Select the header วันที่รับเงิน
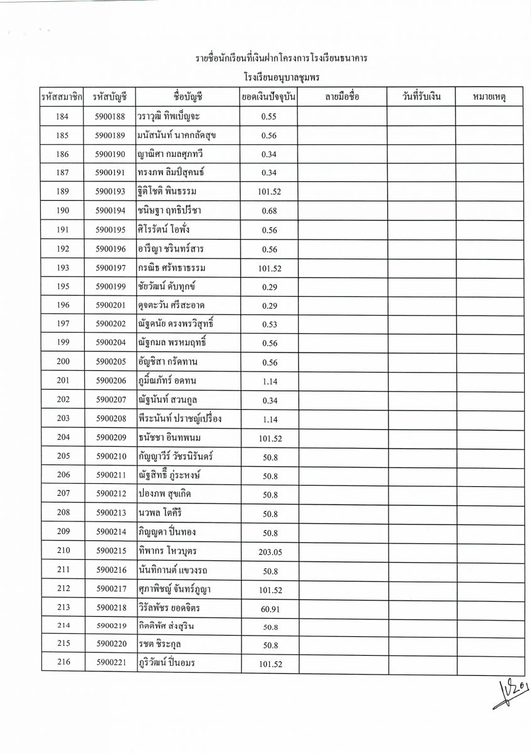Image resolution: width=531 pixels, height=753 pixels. click(421, 97)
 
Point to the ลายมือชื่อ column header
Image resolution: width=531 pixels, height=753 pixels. click(342, 97)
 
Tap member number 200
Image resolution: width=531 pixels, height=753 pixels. click(63, 362)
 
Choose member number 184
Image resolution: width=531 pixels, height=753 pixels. click(63, 116)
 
